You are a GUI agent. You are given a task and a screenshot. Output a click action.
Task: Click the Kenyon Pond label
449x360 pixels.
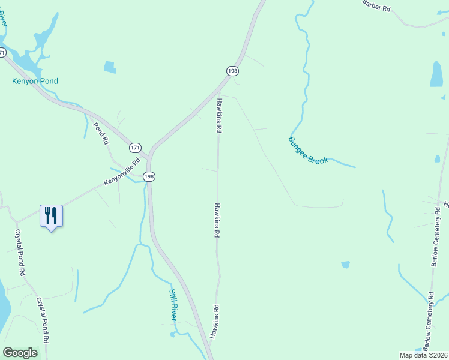pyautogui.click(x=35, y=81)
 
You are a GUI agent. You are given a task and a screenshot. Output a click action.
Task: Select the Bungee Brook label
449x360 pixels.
pyautogui.click(x=309, y=150)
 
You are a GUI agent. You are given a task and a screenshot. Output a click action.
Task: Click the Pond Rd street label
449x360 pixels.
pyautogui.click(x=101, y=133)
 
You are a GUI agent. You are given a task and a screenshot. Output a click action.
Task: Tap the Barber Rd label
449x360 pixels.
pyautogui.click(x=376, y=5)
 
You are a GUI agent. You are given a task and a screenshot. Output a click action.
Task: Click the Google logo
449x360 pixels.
pyautogui.click(x=20, y=353)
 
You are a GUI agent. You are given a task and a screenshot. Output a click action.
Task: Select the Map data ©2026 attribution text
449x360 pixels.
pyautogui.click(x=423, y=355)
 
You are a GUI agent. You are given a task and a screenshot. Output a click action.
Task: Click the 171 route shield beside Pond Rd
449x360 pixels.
pyautogui.click(x=136, y=147)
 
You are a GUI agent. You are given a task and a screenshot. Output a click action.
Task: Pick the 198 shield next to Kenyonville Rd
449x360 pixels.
pyautogui.click(x=149, y=176)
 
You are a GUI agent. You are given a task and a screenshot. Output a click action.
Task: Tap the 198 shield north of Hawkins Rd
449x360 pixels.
pyautogui.click(x=232, y=71)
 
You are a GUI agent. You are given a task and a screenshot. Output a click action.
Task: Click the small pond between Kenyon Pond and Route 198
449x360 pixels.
pyautogui.click(x=110, y=67)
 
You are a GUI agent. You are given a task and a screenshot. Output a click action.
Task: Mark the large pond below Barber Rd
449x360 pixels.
pyautogui.click(x=436, y=74)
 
